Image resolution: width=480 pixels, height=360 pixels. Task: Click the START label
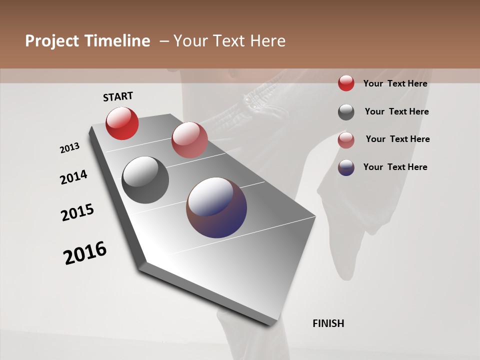tap(118, 96)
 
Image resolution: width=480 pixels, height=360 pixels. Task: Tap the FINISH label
tap(328, 323)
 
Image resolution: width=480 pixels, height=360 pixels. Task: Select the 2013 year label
tap(69, 148)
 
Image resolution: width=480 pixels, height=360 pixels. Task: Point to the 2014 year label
tap(73, 177)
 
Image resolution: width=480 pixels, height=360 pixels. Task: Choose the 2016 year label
tap(85, 253)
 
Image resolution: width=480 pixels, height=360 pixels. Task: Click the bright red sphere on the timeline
tap(122, 123)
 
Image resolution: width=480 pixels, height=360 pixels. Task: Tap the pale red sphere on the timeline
tap(189, 140)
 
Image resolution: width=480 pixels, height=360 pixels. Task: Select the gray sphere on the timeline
tap(145, 180)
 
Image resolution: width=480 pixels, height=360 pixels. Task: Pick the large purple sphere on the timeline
tap(216, 207)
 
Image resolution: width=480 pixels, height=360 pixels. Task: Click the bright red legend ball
tap(346, 83)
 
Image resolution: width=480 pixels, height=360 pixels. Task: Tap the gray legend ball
tap(346, 112)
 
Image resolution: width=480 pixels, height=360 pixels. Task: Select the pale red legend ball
tap(346, 140)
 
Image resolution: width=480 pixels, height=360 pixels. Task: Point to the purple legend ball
tap(346, 167)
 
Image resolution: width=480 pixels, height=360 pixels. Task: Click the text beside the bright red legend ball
tap(395, 83)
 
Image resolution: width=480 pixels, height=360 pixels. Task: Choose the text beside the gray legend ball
tap(396, 111)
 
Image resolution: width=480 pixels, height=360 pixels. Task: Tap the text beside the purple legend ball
tap(395, 167)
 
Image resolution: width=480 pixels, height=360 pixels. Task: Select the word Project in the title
tap(50, 41)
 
